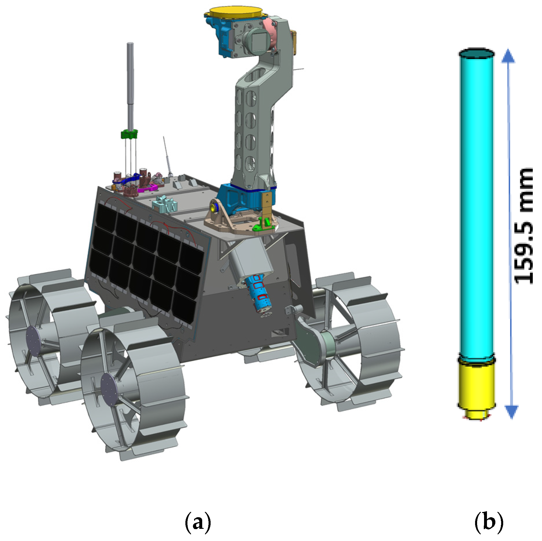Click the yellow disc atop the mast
tap(235, 12)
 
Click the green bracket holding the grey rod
tap(129, 134)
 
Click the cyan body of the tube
tap(477, 203)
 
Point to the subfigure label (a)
tap(198, 522)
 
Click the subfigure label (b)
tap(489, 522)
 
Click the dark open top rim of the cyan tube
tap(477, 53)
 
